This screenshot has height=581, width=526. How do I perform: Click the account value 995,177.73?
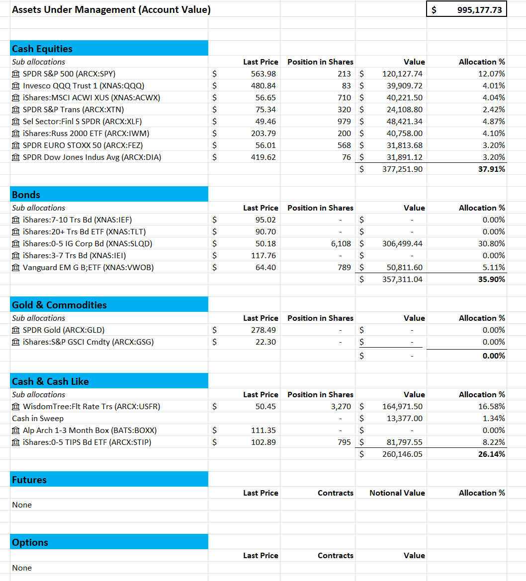tap(479, 9)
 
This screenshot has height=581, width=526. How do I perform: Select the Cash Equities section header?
tap(42, 49)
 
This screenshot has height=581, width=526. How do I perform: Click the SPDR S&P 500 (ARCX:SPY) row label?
tap(69, 73)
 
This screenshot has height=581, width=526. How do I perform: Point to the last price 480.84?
tap(263, 85)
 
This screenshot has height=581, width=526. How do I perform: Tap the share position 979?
tap(344, 121)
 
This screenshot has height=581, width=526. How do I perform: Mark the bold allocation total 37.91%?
tap(492, 169)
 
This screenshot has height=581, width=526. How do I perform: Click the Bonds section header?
tap(26, 195)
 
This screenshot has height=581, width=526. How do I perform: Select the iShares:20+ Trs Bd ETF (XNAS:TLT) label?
tap(84, 231)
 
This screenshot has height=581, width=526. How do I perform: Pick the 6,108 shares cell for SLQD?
tap(341, 243)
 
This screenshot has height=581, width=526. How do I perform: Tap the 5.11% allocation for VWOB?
tap(494, 267)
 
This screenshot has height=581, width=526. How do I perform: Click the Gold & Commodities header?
tap(59, 305)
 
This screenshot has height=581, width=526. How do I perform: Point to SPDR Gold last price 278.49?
tap(263, 330)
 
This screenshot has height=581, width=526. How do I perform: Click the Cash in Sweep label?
tap(38, 418)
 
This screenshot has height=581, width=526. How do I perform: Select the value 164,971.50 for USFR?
tap(402, 406)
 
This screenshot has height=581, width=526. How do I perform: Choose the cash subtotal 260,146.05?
tap(402, 454)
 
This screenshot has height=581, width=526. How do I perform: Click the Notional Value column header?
tap(397, 493)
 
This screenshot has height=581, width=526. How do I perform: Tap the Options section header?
tap(30, 542)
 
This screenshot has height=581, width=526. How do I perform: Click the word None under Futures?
tap(22, 505)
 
